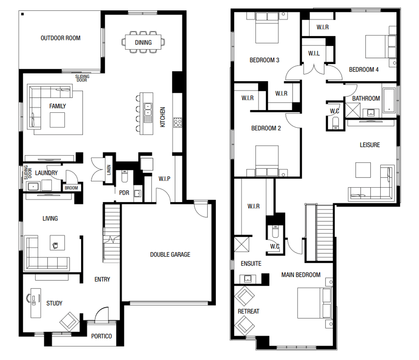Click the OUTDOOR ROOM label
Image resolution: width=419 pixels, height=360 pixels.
(60, 38)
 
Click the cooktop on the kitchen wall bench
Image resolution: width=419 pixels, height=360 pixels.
(177, 123)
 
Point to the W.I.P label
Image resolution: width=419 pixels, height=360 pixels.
(164, 179)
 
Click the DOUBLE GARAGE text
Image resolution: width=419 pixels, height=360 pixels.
(170, 254)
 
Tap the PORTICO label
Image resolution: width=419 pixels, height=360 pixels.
(101, 336)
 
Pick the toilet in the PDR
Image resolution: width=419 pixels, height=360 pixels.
(124, 176)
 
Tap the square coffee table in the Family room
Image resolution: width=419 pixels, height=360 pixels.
(57, 120)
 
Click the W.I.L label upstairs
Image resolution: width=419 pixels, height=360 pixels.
(314, 53)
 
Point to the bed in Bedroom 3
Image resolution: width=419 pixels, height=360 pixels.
(267, 30)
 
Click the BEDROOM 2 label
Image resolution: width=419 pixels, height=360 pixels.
(266, 128)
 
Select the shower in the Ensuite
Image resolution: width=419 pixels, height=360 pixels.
(243, 244)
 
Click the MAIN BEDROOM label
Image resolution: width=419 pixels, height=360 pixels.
(301, 275)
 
